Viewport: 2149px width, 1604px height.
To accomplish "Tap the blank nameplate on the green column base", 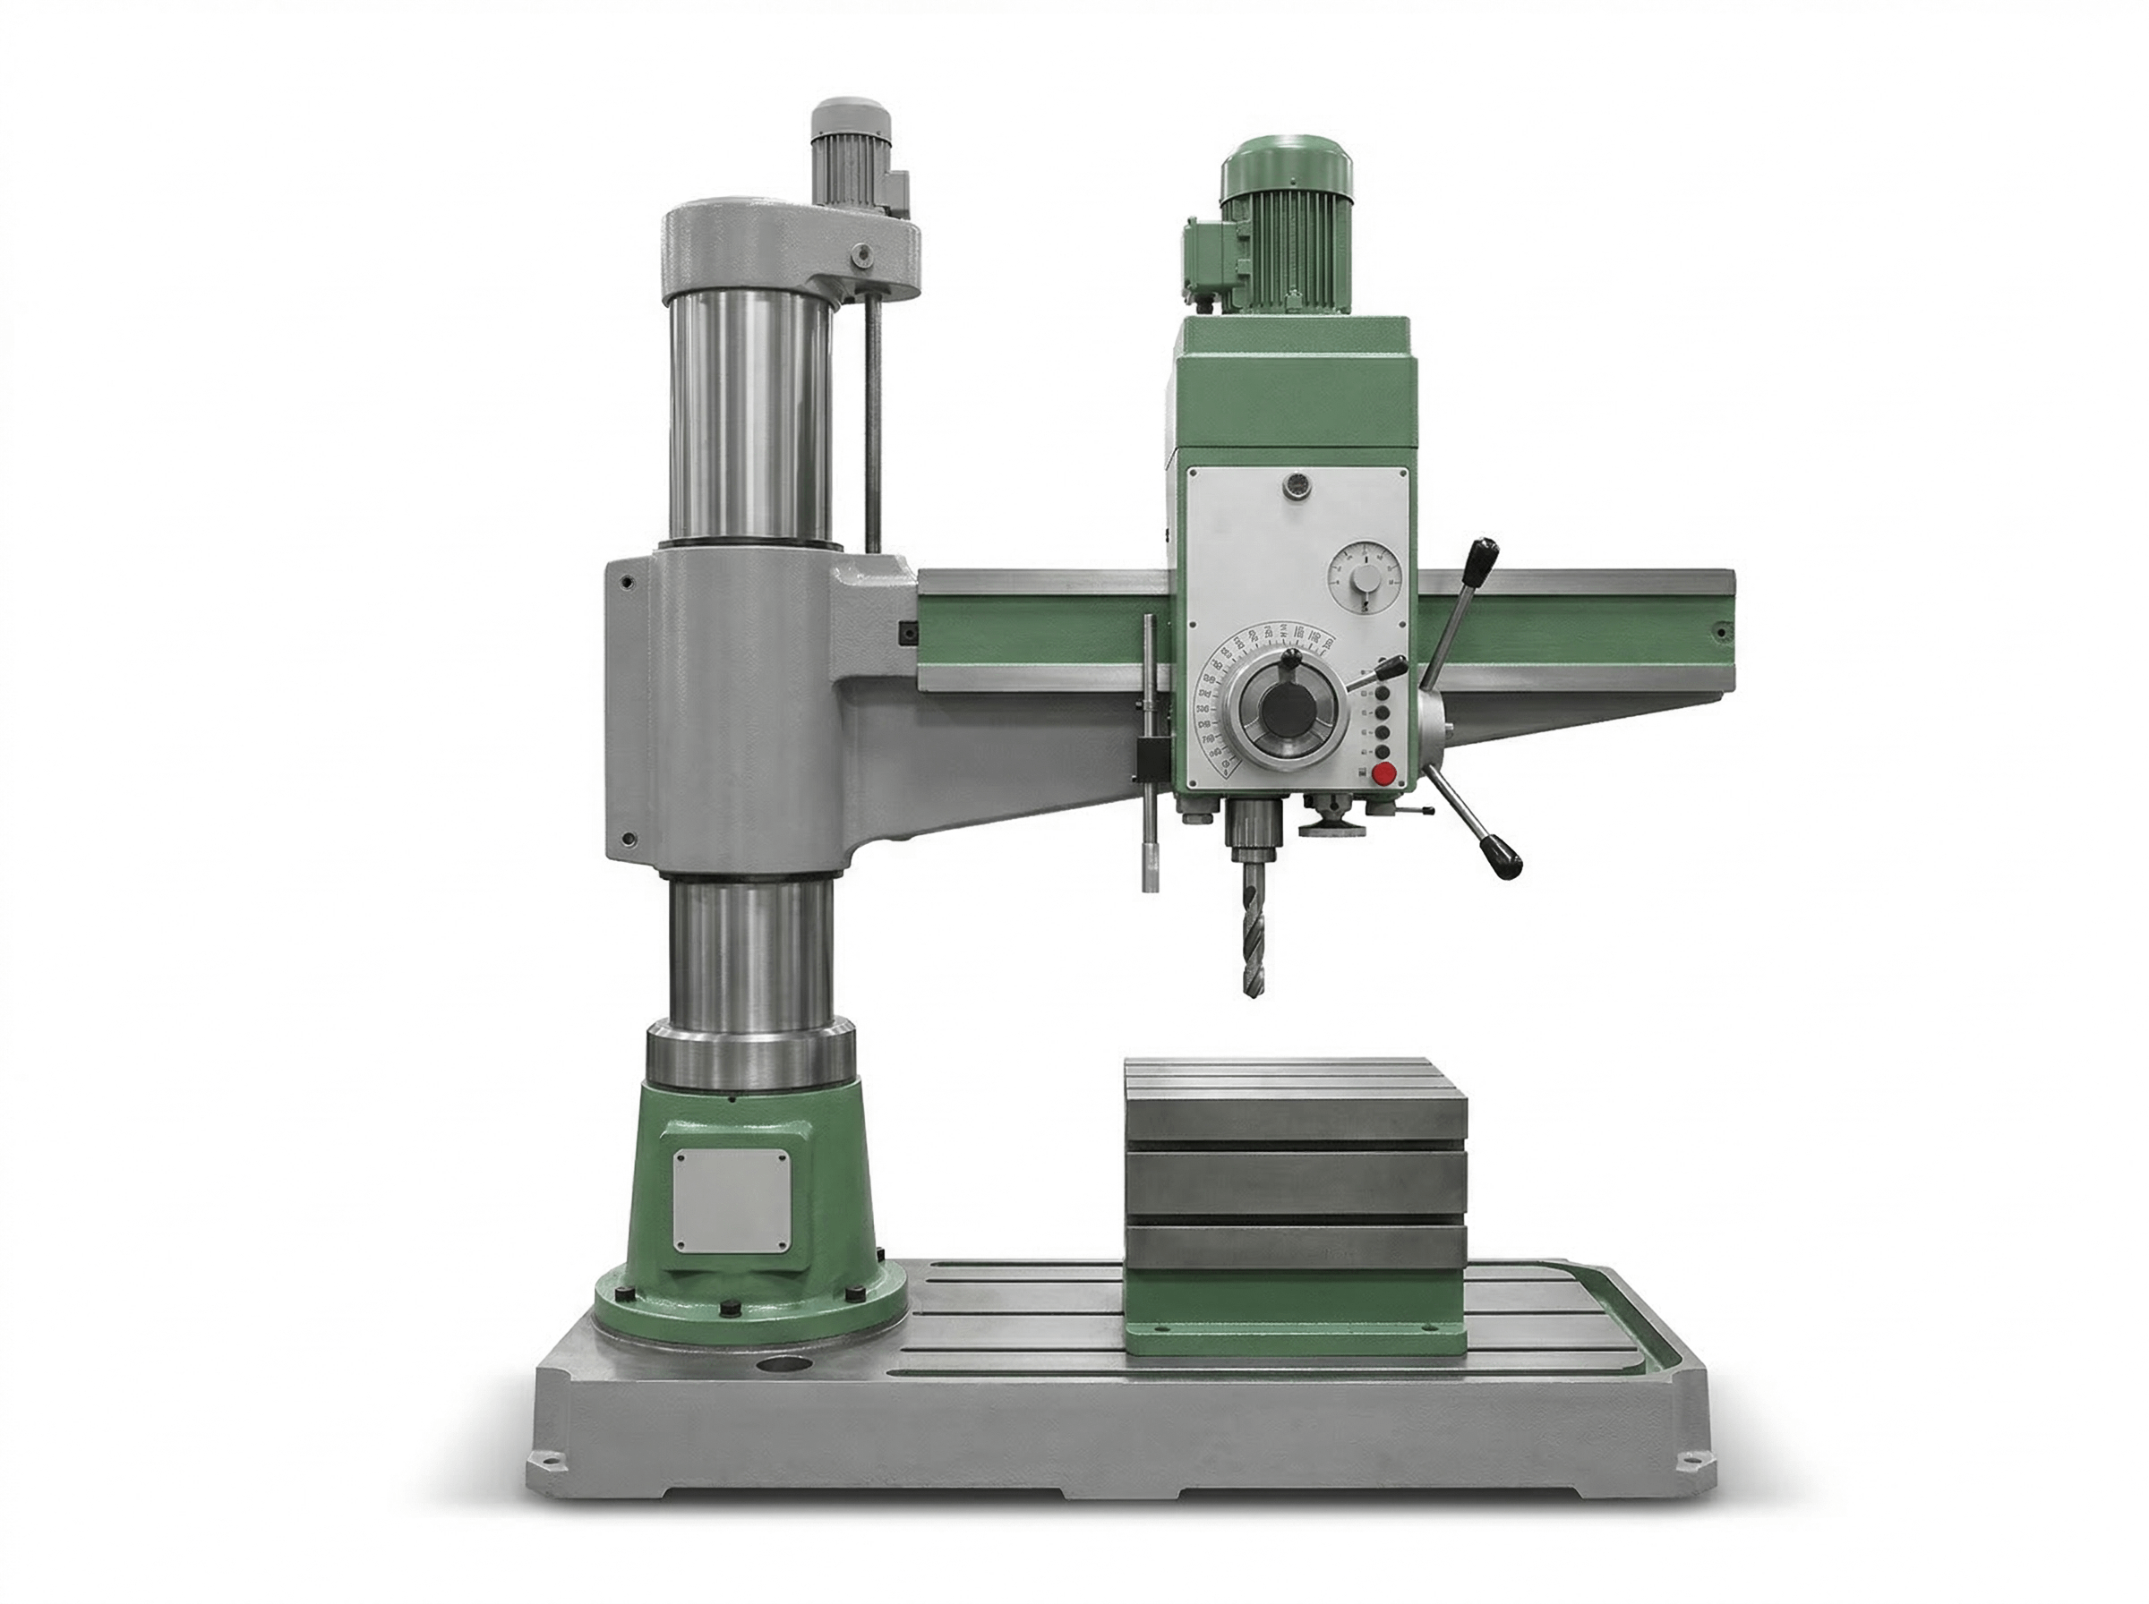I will [x=731, y=1200].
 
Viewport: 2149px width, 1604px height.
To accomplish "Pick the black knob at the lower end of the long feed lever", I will [x=1505, y=858].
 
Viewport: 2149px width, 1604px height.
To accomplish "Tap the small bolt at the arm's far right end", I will [x=1721, y=633].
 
